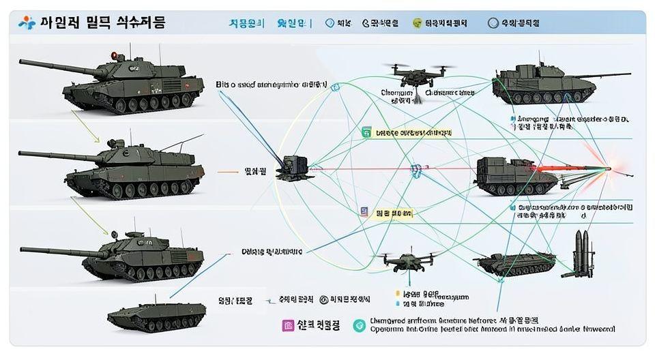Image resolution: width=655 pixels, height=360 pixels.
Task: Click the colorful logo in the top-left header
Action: click(x=26, y=22)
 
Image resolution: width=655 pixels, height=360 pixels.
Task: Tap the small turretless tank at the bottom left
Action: click(x=156, y=314)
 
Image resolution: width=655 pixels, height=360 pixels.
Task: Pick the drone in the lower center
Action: click(x=409, y=261)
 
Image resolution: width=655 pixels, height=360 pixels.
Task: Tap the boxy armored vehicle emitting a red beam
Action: click(x=513, y=176)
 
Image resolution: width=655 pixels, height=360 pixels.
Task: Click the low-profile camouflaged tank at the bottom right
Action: click(x=513, y=263)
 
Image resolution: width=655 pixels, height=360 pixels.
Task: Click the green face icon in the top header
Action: click(x=417, y=23)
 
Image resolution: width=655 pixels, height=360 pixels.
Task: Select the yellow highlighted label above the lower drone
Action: click(x=394, y=213)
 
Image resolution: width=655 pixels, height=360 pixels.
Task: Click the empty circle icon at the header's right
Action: click(x=493, y=23)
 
